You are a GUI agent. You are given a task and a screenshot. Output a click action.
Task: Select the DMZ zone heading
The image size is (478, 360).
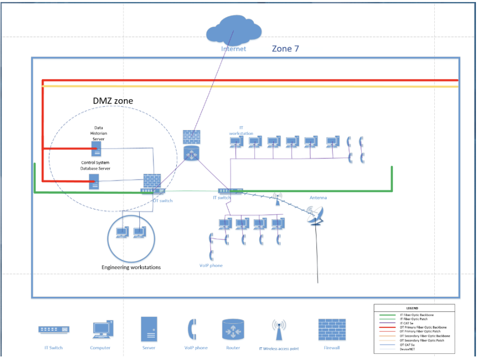pyautogui.click(x=113, y=101)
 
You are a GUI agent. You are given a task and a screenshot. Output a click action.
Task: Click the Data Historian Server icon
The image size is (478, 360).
pyautogui.click(x=95, y=148)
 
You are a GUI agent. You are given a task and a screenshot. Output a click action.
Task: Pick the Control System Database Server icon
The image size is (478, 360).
pyautogui.click(x=94, y=182)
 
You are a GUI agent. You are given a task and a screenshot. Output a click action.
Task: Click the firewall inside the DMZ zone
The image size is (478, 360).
pyautogui.click(x=152, y=181)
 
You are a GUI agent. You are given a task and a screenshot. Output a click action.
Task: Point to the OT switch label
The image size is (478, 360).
pyautogui.click(x=163, y=201)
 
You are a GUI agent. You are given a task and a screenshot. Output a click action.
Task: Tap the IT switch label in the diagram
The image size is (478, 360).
pyautogui.click(x=221, y=198)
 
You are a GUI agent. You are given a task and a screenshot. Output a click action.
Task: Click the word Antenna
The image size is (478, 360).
pyautogui.click(x=318, y=198)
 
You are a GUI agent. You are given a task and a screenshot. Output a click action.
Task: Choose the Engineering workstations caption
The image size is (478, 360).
pyautogui.click(x=131, y=267)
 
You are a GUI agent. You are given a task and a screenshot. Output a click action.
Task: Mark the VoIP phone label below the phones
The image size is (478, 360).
pyautogui.click(x=211, y=265)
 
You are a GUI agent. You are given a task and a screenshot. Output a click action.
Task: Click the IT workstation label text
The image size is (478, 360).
pyautogui.click(x=241, y=130)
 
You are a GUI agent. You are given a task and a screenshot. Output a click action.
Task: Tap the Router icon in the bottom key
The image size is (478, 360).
pyautogui.click(x=234, y=330)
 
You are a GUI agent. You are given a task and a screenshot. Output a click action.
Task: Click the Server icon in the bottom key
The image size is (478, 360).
pyautogui.click(x=149, y=329)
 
